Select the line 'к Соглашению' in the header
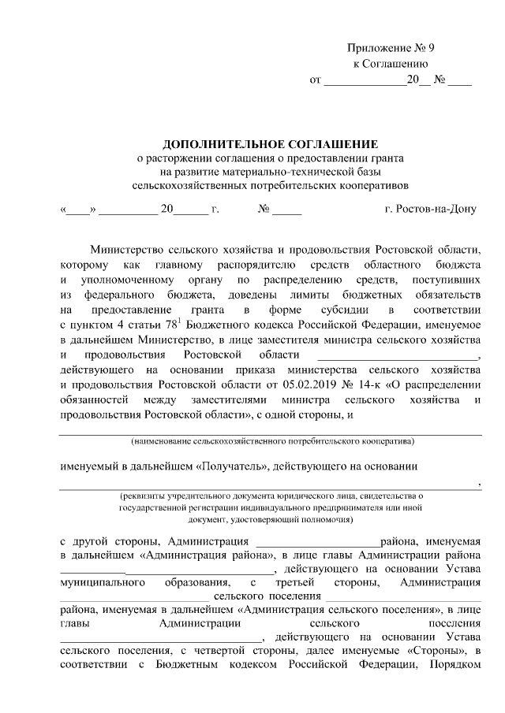tap(390, 64)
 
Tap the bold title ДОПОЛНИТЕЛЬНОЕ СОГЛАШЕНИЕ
tap(270, 143)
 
